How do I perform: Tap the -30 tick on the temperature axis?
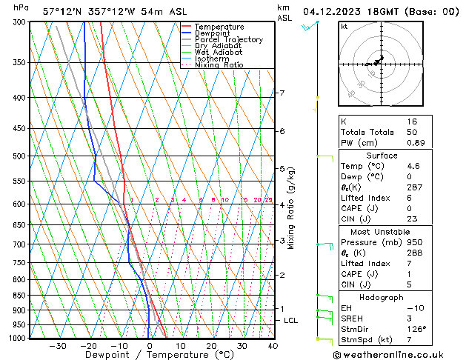pyautogui.click(x=58, y=346)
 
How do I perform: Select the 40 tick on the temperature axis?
pyautogui.click(x=273, y=346)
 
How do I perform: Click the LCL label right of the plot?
pyautogui.click(x=291, y=321)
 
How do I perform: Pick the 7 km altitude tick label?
pyautogui.click(x=282, y=93)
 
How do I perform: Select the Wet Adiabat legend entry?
pyautogui.click(x=219, y=52)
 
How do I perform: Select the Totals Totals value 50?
pyautogui.click(x=412, y=132)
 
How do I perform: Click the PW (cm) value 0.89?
pyautogui.click(x=412, y=143)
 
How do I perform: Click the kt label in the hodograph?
pyautogui.click(x=344, y=27)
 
